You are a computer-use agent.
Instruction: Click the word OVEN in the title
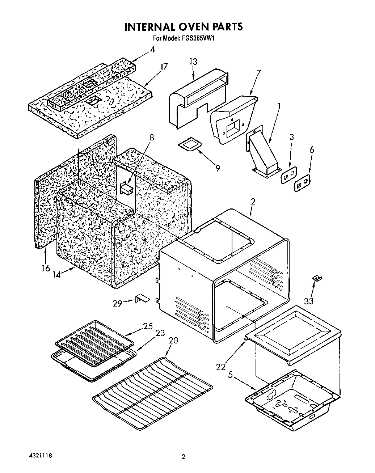pos(187,27)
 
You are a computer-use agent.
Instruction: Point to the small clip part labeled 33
pos(317,278)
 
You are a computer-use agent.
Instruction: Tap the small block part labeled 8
pos(126,189)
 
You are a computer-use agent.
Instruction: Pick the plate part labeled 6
pos(302,183)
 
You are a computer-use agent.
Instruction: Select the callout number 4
pos(152,50)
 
